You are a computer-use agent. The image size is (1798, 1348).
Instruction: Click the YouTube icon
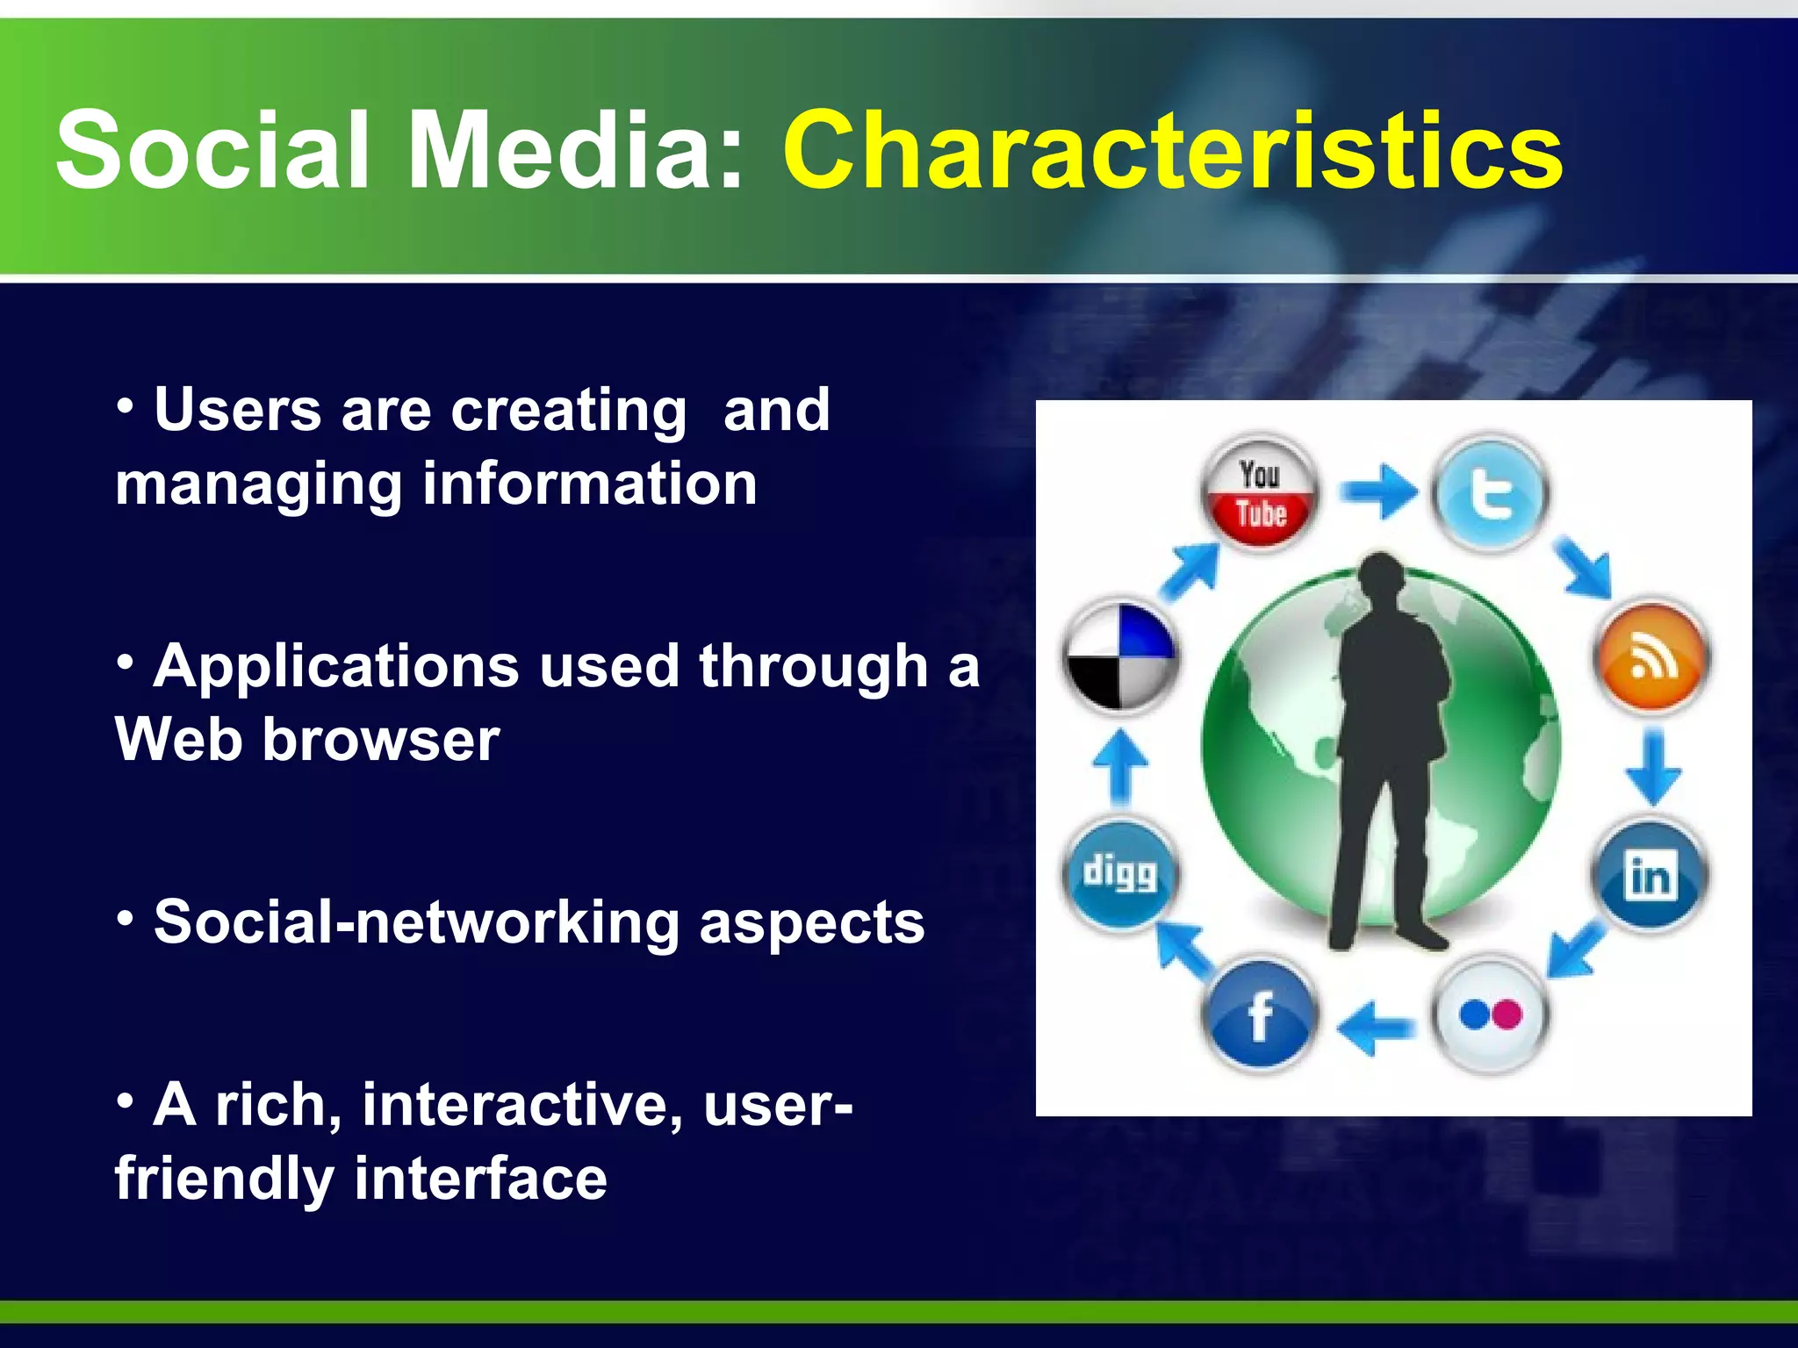(x=1260, y=494)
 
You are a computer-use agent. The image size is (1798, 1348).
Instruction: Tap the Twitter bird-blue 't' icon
(x=1490, y=494)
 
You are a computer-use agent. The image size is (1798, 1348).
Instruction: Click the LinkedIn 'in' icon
(x=1650, y=876)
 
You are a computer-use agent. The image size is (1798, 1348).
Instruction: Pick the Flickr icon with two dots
(x=1490, y=1015)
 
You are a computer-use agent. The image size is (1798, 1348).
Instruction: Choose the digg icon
(x=1119, y=874)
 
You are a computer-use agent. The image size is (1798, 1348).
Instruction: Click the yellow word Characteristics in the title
(x=1172, y=151)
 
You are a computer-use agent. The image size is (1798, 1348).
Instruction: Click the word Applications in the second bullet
(x=336, y=666)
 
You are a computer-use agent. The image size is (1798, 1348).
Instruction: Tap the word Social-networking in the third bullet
(x=417, y=922)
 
